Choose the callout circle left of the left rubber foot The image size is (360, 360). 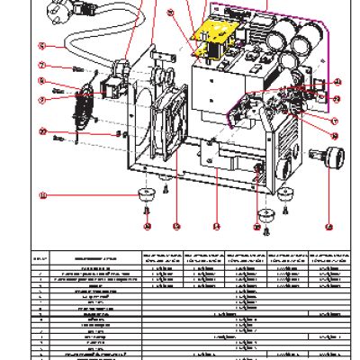(x=41, y=193)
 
